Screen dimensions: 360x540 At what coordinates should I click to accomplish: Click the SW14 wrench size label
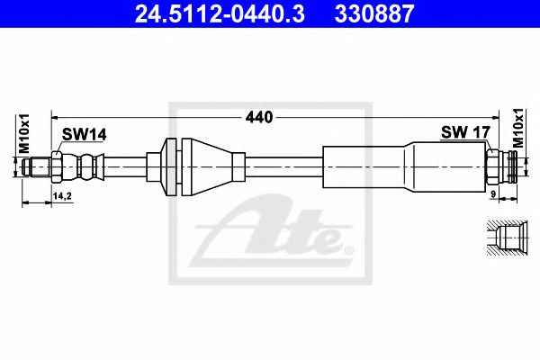84,134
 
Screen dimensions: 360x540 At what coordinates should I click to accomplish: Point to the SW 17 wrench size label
465,133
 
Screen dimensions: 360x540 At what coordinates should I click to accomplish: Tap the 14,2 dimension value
63,195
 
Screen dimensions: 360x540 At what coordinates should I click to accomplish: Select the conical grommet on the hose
211,166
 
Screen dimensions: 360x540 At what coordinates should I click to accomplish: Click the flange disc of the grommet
170,166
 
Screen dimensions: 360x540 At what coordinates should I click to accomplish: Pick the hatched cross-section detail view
505,239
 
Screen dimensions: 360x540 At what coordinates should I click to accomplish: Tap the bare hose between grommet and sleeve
283,166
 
